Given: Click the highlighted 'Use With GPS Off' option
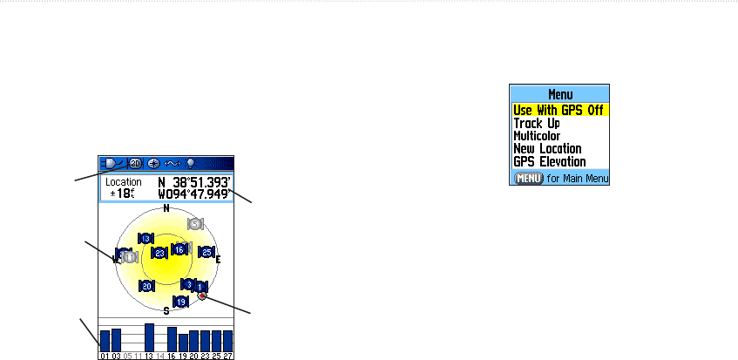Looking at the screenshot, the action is (559, 111).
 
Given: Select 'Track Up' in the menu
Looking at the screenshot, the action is (537, 124).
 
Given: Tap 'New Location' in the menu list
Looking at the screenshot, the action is (547, 149).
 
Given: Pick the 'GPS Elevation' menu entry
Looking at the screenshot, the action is (549, 162).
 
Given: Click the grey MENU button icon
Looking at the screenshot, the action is (529, 178).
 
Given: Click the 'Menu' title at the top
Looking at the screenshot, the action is (559, 94).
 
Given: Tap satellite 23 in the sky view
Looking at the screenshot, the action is (159, 254).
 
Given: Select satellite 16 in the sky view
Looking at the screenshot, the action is (179, 249).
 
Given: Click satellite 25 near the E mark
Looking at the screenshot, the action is (207, 252).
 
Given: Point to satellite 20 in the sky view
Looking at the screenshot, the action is (147, 286).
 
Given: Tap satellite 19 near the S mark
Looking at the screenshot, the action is (181, 302).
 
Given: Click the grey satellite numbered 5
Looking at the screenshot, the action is (195, 224).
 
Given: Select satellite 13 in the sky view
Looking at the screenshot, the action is (146, 238).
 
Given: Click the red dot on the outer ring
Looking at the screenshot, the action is (202, 296).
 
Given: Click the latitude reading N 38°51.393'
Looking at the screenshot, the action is (193, 182).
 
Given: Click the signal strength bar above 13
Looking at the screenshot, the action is (149, 336).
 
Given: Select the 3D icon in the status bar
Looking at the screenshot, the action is (135, 163).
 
